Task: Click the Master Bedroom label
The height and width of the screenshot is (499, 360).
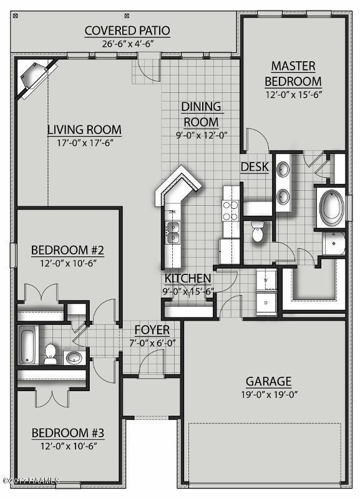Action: click(293, 74)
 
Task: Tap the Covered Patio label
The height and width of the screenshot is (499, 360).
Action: click(127, 31)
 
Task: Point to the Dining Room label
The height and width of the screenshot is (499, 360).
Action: click(200, 114)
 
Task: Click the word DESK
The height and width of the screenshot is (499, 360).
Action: click(255, 167)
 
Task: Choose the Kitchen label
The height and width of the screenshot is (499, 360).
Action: click(187, 278)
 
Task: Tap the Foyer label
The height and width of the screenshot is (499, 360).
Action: click(152, 330)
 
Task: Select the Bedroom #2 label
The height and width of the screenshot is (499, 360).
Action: click(67, 250)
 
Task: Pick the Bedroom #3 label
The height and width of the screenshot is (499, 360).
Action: click(67, 432)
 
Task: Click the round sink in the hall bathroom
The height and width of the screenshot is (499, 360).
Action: click(74, 358)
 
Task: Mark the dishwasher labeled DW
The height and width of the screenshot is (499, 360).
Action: click(172, 213)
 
